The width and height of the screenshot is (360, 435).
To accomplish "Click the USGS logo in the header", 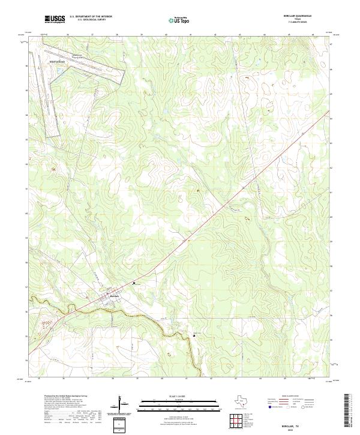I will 55,20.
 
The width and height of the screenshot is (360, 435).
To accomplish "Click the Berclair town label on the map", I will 115,296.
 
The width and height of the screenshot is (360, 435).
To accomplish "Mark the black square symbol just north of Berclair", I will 134,283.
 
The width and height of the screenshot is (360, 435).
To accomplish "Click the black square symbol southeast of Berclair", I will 194,336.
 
